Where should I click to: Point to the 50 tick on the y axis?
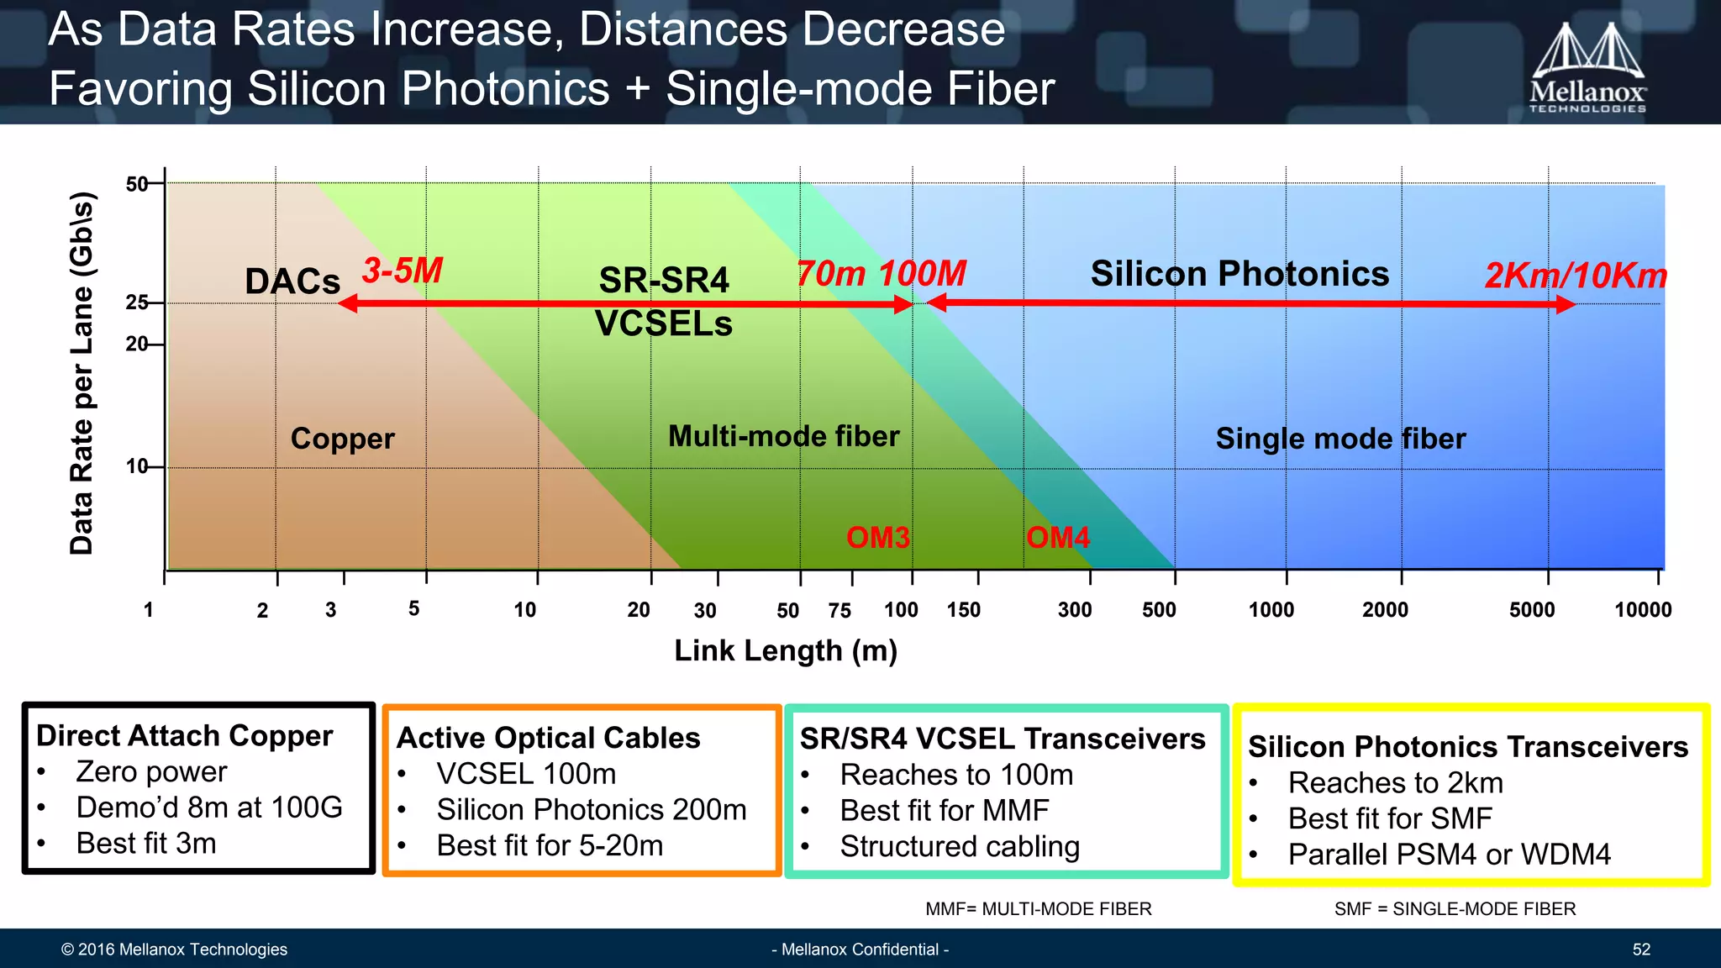tap(137, 184)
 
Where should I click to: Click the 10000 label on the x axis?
tap(1642, 610)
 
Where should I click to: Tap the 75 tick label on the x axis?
tap(839, 611)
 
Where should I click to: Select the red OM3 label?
tap(877, 538)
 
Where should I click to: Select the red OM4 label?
tap(1057, 538)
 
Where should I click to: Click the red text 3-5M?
tap(403, 271)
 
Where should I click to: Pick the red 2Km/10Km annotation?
tap(1575, 276)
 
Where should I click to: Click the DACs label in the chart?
tap(292, 281)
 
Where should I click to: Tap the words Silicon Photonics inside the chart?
tap(1239, 274)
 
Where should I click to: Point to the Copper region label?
tap(342, 439)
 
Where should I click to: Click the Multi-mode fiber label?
tap(783, 436)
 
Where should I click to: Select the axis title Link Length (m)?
tap(786, 650)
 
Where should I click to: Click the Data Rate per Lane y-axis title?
tap(82, 373)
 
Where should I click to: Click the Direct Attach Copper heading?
tap(184, 735)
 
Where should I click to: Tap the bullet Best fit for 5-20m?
tap(550, 845)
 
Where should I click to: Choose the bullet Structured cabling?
tap(959, 846)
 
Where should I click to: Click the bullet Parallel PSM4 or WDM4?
tap(1449, 855)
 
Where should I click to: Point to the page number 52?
tap(1641, 950)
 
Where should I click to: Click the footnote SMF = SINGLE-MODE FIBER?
tap(1455, 909)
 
